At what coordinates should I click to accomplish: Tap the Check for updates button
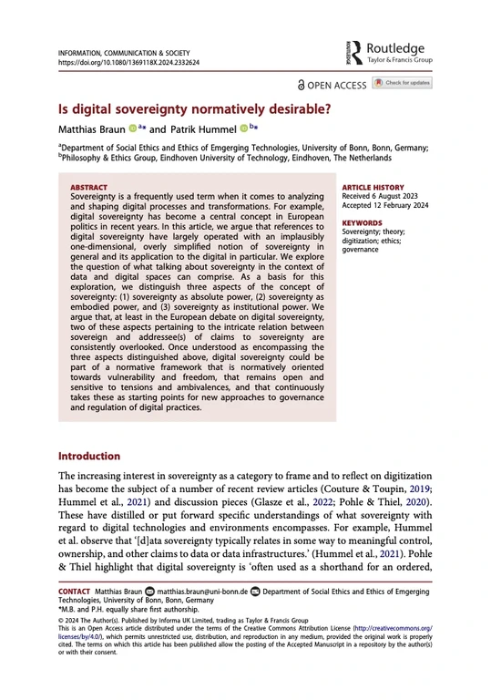coord(403,84)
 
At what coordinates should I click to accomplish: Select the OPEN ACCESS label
coord(333,85)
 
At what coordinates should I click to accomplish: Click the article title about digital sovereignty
coord(194,108)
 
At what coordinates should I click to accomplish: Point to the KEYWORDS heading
coord(361,221)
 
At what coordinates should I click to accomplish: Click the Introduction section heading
coord(89,456)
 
